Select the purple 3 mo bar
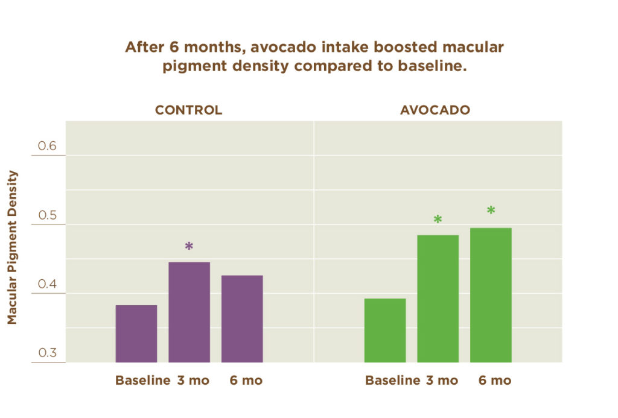(x=189, y=312)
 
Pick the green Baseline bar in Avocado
(x=385, y=331)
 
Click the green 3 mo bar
(x=438, y=299)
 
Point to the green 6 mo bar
(x=491, y=295)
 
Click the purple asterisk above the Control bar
(x=189, y=246)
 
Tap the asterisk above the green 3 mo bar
(x=438, y=220)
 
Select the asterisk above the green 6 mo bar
(x=491, y=211)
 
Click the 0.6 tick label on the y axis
(x=47, y=146)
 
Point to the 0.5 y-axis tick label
(x=47, y=215)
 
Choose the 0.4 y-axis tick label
(x=47, y=284)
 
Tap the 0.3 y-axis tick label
(x=47, y=353)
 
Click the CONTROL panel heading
(x=188, y=110)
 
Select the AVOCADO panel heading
(x=435, y=110)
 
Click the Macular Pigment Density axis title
(x=13, y=247)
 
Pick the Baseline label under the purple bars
(x=142, y=381)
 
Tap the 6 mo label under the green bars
(x=495, y=381)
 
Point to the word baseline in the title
(x=431, y=66)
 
